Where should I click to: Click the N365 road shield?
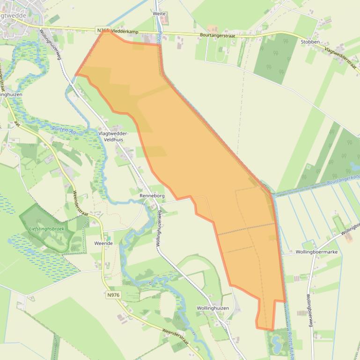tap(103, 30)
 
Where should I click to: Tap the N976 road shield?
tap(113, 295)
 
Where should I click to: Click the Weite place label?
tap(159, 14)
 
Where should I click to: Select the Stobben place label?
tap(310, 42)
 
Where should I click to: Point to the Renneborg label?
tap(150, 195)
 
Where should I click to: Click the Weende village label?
tap(103, 244)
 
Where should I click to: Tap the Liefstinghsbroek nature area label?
tap(46, 229)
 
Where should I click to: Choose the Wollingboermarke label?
tap(316, 252)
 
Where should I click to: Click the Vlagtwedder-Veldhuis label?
tap(114, 136)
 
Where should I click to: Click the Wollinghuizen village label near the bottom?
tap(213, 309)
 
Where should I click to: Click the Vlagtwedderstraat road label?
tap(342, 58)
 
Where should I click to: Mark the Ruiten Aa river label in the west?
tap(64, 131)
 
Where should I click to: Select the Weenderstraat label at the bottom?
tap(175, 337)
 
